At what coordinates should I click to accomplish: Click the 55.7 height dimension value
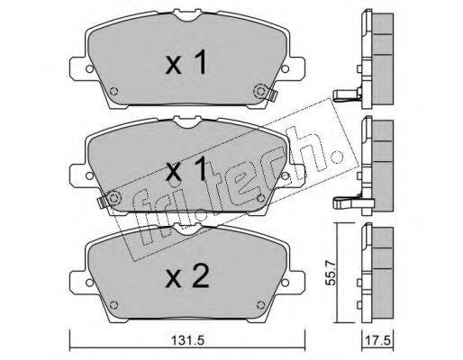(x=331, y=274)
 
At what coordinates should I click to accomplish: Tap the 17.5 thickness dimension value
(x=377, y=341)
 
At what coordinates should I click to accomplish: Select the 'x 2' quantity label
(x=187, y=277)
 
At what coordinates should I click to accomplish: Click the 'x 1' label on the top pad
(x=186, y=62)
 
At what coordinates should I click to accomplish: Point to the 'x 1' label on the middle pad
(x=186, y=169)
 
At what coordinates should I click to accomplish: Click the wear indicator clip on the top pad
(x=272, y=95)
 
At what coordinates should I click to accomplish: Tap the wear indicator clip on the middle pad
(x=102, y=202)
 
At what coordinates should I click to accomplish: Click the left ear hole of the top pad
(x=89, y=68)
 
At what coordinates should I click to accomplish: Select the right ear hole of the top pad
(x=285, y=68)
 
